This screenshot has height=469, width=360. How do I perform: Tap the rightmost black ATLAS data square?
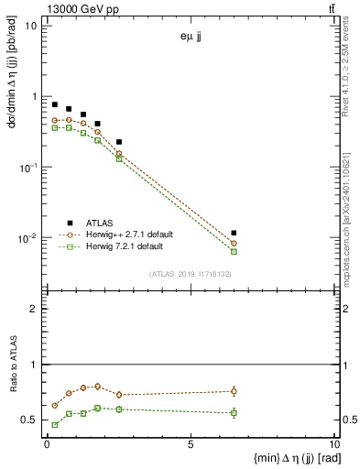(234, 234)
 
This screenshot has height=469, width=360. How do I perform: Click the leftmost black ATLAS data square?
(55, 104)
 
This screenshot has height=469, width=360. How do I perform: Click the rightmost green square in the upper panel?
(234, 251)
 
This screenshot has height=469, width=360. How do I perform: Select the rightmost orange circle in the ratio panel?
(234, 391)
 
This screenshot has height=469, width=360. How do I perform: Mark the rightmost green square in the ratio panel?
(234, 413)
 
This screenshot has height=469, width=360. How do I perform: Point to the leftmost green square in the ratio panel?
(55, 425)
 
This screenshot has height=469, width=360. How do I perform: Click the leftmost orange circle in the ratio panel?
(55, 405)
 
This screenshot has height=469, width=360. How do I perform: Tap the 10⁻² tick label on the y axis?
(27, 239)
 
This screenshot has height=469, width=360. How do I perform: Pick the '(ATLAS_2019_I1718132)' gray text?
(190, 274)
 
